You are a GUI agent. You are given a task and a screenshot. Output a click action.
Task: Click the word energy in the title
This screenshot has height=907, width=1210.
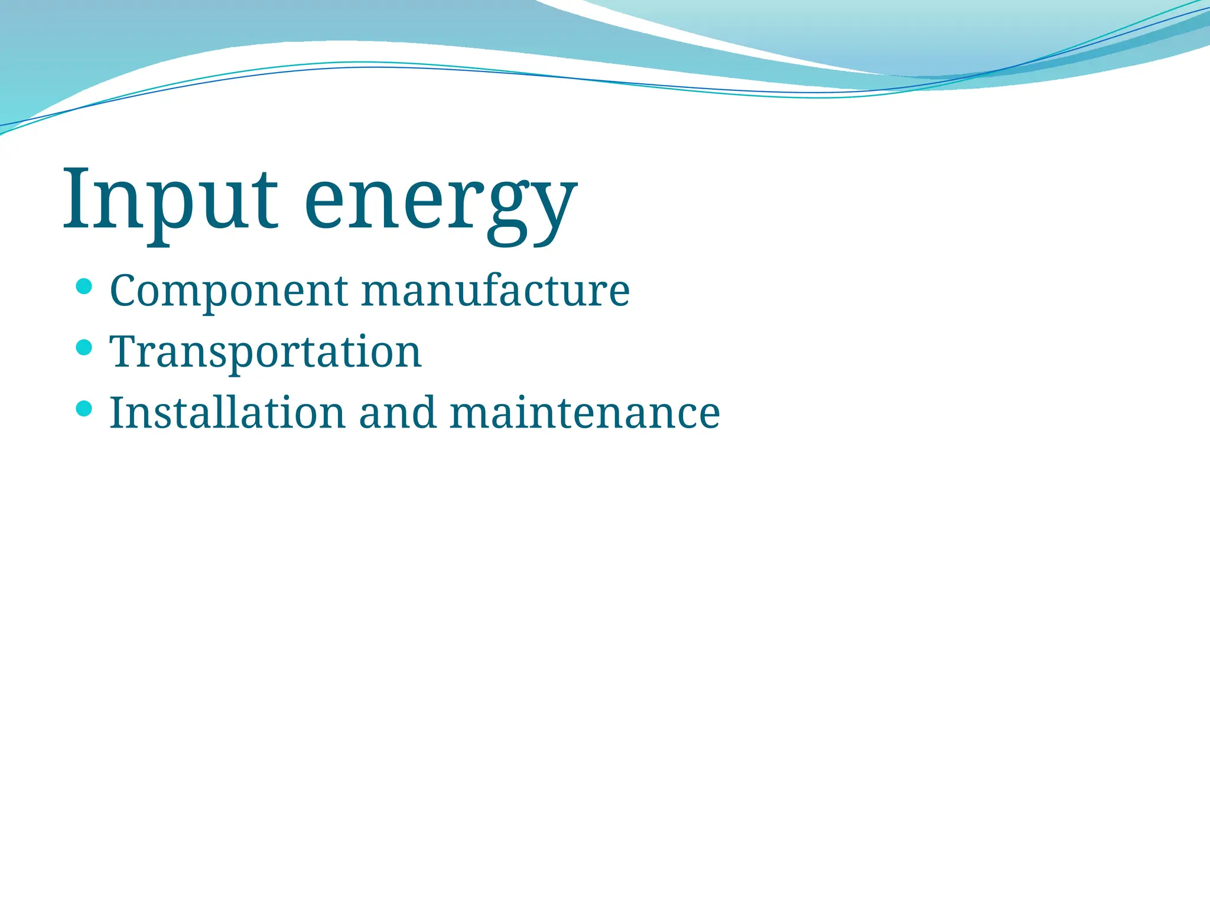click(x=440, y=204)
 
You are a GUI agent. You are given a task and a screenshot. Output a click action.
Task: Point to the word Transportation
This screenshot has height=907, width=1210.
click(x=265, y=353)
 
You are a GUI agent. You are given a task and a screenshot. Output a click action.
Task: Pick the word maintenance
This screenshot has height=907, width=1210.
click(x=584, y=413)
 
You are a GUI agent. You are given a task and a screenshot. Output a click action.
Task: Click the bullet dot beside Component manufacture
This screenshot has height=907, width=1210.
click(x=84, y=287)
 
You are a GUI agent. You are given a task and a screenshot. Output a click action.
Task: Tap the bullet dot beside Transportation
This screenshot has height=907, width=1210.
click(x=84, y=347)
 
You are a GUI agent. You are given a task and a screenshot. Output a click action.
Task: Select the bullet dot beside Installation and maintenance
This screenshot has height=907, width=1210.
click(x=84, y=408)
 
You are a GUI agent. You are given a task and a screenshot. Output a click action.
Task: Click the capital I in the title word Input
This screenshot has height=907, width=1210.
click(x=77, y=199)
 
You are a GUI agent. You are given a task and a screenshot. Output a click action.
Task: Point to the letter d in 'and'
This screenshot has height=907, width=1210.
click(x=424, y=411)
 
